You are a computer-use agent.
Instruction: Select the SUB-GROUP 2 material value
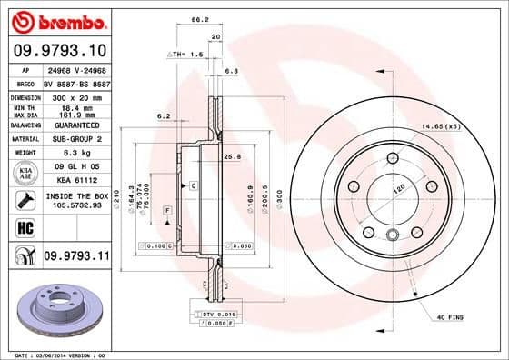click(x=75, y=138)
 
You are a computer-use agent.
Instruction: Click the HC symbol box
click(x=22, y=225)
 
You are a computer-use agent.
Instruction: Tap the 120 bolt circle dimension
click(x=396, y=189)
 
